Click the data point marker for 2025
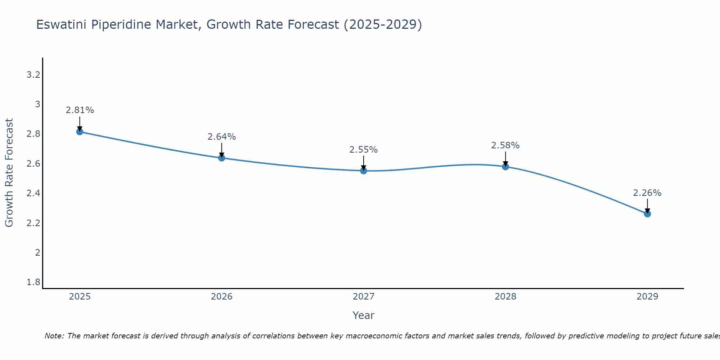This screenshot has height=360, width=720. tap(80, 132)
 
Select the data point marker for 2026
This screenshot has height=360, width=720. tap(221, 158)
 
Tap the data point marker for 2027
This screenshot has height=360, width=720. tap(364, 171)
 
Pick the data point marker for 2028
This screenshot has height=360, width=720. tap(505, 167)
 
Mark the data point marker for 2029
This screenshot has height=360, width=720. tap(647, 214)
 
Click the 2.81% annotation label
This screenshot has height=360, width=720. tap(80, 110)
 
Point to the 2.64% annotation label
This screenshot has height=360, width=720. tap(221, 137)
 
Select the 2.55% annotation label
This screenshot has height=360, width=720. tap(364, 150)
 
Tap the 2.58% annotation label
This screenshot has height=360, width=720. tap(505, 145)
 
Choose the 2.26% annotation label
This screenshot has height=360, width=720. tap(647, 193)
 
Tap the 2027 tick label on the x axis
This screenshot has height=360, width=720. tap(364, 297)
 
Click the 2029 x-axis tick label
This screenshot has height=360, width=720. tap(647, 297)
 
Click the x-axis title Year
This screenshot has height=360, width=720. tap(364, 315)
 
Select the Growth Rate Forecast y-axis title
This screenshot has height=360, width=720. tap(9, 173)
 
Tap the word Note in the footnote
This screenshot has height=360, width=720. tap(54, 336)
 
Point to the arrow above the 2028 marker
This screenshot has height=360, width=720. tap(505, 158)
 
